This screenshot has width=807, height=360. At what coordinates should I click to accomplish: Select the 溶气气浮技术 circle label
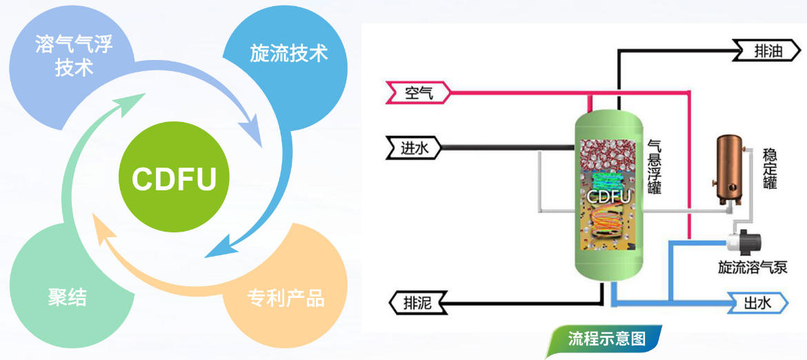tap(74, 57)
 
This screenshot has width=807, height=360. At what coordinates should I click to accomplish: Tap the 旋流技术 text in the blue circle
tap(288, 54)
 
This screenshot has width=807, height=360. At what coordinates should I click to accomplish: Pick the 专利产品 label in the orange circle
tap(286, 298)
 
